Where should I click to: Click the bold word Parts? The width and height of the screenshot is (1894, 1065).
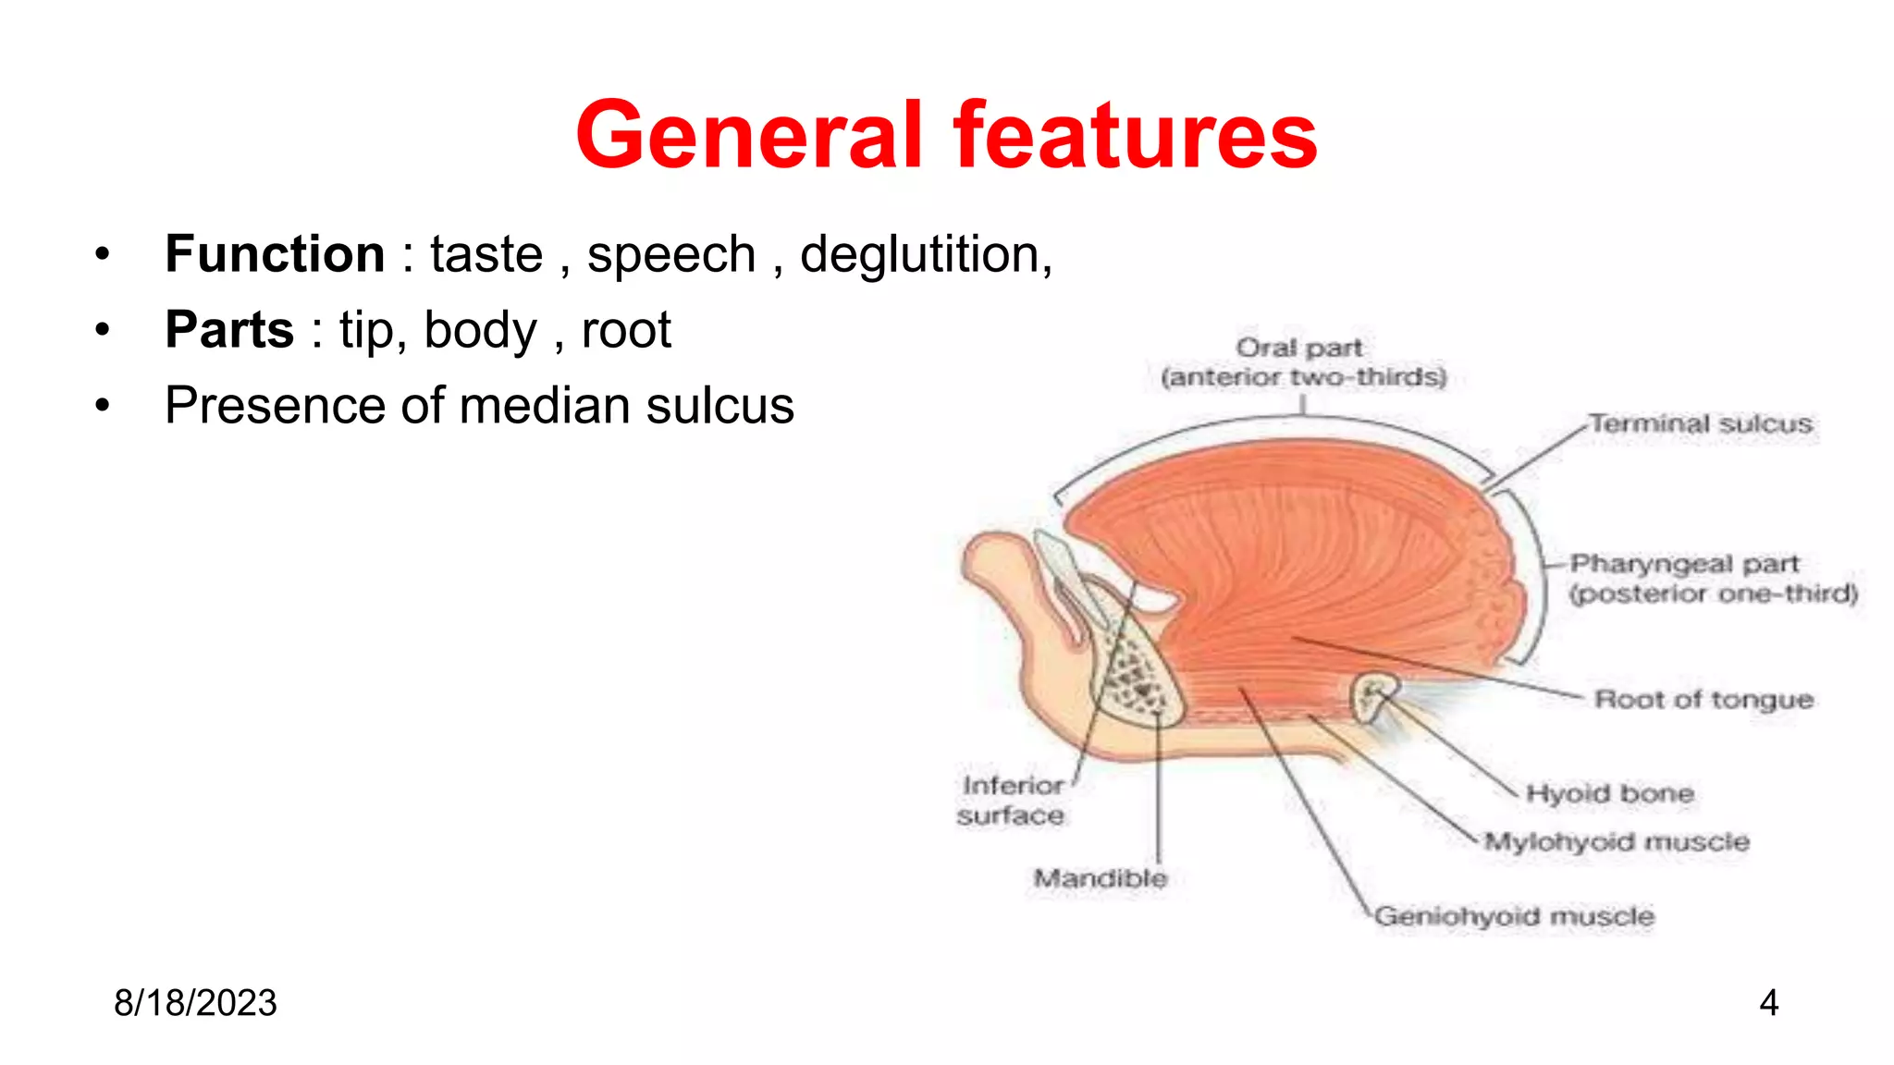229,329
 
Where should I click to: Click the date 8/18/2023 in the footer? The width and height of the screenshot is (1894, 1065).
195,1003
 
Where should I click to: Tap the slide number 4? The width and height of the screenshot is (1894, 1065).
1768,1003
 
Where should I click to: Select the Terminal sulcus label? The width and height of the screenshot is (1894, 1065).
1700,424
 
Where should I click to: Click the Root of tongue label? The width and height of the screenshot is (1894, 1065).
1703,700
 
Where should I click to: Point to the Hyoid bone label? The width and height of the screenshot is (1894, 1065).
1609,793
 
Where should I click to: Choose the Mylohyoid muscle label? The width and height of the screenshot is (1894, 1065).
1617,842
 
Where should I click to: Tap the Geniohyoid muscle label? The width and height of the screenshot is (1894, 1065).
1514,916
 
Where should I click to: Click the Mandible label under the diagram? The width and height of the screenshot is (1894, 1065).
1100,877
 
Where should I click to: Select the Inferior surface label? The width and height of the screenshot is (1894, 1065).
1011,800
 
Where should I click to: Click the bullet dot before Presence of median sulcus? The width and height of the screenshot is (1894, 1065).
103,406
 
